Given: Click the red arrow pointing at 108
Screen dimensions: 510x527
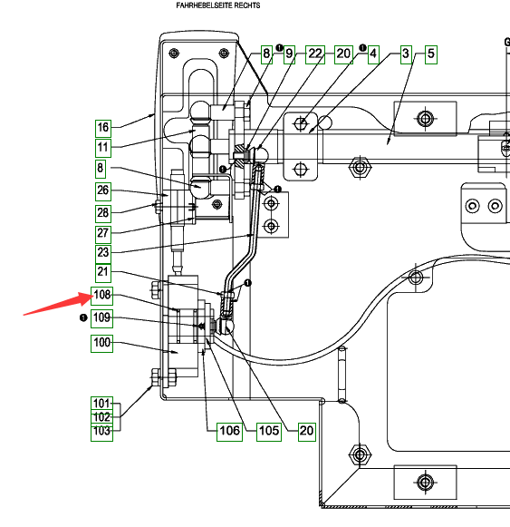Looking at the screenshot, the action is coord(58,304).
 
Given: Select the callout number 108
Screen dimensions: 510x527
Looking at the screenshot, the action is coord(101,296).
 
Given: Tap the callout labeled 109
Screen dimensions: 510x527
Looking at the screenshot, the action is coord(101,318).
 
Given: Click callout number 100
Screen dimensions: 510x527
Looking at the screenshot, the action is coord(101,343).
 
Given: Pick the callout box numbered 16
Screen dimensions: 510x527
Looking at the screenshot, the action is coord(103,129).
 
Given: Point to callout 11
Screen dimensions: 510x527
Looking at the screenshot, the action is coord(103,148).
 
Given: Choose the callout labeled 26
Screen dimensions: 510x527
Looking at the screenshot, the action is coord(103,191).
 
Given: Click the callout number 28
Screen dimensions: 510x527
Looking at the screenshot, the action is coord(103,213).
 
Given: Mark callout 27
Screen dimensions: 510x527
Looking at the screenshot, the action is coord(103,234).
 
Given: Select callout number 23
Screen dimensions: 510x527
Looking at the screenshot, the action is coord(103,254).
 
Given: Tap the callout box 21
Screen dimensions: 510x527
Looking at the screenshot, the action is coord(103,273).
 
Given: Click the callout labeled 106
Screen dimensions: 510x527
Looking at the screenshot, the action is coord(230,432).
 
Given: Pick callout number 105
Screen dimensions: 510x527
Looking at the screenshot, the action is coord(269,432).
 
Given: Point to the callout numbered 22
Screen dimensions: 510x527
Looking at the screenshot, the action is coord(315,54).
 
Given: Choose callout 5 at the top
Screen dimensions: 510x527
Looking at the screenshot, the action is coord(431,54).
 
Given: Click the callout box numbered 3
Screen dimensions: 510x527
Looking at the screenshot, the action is coord(406,54).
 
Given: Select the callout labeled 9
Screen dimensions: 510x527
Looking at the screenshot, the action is coord(289,54).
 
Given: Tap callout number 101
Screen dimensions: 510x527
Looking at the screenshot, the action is coord(101,404).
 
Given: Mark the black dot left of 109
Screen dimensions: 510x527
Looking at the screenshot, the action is coord(83,317).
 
